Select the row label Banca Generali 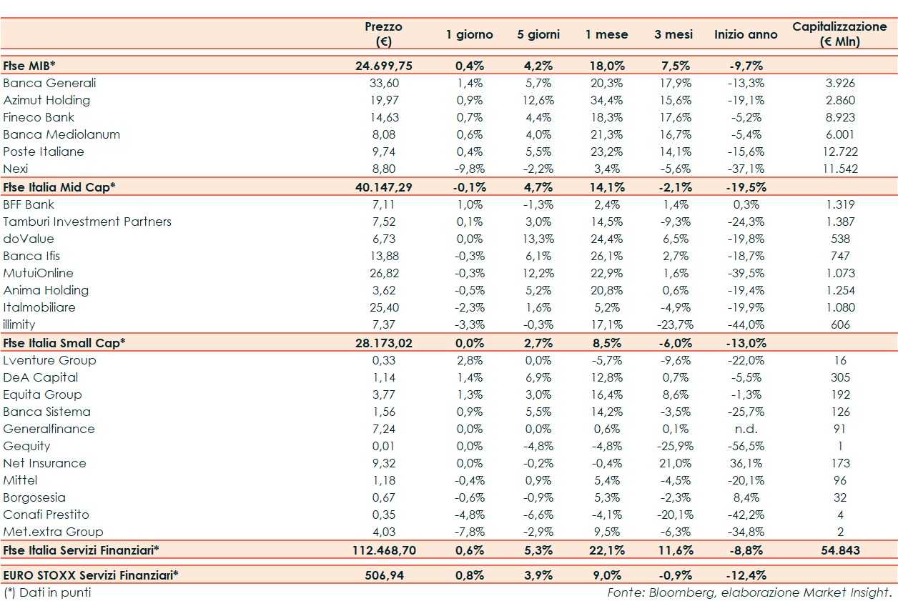tap(49, 83)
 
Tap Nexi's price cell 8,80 tap(384, 169)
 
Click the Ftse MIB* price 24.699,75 tap(384, 66)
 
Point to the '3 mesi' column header tap(673, 34)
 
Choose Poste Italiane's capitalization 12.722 tap(840, 152)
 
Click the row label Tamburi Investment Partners tap(87, 222)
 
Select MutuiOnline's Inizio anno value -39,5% tap(746, 273)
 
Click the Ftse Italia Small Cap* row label tap(64, 343)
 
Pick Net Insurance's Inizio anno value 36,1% tap(746, 463)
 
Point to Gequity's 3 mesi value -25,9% tap(673, 446)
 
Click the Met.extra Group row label tap(53, 532)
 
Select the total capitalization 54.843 tap(840, 550)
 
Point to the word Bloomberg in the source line tap(671, 592)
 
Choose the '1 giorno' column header tap(470, 34)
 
